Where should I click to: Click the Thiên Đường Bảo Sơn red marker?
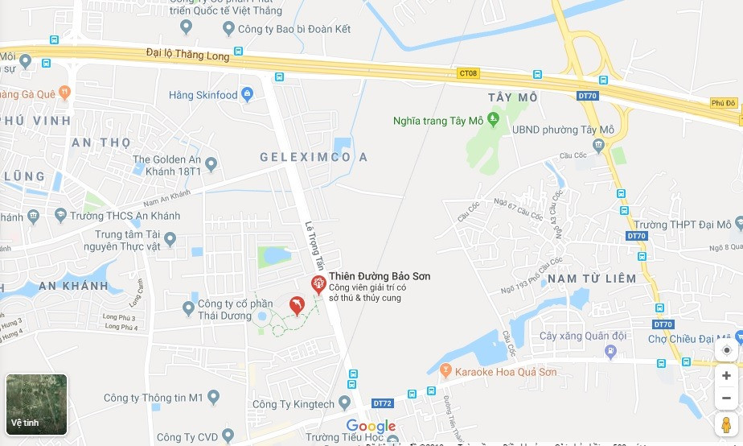click(318, 283)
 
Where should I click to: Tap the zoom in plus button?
click(726, 376)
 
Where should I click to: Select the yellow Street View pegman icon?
click(726, 424)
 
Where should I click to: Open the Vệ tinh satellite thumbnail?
click(36, 404)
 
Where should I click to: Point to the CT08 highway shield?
click(468, 73)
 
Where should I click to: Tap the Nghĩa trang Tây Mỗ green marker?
click(494, 120)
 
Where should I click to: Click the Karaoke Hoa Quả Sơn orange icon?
click(446, 371)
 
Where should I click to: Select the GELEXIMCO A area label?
click(314, 157)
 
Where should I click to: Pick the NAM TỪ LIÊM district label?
click(591, 279)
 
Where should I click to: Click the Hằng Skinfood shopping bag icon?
click(248, 95)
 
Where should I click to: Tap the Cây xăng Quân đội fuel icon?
click(610, 351)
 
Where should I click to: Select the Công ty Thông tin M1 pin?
click(213, 397)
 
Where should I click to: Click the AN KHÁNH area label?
click(72, 286)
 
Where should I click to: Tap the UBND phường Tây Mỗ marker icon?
click(598, 145)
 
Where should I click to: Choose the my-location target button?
click(726, 350)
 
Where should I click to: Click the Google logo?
click(371, 426)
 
